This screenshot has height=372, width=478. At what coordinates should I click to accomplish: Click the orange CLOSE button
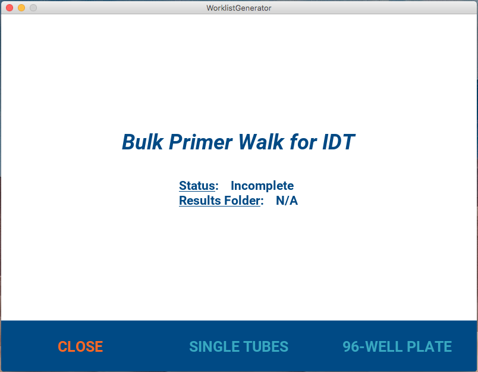pyautogui.click(x=80, y=346)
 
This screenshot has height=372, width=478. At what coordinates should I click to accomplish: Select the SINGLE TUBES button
pyautogui.click(x=238, y=346)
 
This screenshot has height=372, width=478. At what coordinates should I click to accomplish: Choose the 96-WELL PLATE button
pyautogui.click(x=397, y=346)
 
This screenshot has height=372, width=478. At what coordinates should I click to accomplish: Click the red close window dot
pyautogui.click(x=10, y=8)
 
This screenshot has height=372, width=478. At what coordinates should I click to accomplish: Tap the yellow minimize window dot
pyautogui.click(x=21, y=8)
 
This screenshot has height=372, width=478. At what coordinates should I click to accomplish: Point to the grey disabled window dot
pyautogui.click(x=33, y=8)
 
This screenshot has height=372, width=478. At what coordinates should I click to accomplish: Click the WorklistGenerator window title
pyautogui.click(x=238, y=8)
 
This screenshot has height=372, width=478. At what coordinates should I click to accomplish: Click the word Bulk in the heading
pyautogui.click(x=142, y=142)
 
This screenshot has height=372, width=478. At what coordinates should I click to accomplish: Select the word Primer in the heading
pyautogui.click(x=200, y=142)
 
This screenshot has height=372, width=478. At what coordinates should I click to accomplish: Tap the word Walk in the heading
pyautogui.click(x=261, y=142)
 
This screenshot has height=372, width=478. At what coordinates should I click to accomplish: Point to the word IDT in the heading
pyautogui.click(x=339, y=142)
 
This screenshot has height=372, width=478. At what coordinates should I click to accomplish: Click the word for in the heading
pyautogui.click(x=303, y=142)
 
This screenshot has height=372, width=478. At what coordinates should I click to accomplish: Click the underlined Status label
pyautogui.click(x=197, y=186)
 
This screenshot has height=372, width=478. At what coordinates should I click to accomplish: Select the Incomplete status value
pyautogui.click(x=262, y=186)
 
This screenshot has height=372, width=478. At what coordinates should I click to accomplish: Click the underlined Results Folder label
pyautogui.click(x=220, y=201)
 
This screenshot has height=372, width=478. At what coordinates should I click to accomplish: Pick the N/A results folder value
pyautogui.click(x=287, y=201)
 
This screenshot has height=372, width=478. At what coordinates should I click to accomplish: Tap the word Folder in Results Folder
pyautogui.click(x=243, y=201)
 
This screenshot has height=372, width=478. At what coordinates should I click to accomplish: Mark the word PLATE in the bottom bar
pyautogui.click(x=429, y=346)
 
